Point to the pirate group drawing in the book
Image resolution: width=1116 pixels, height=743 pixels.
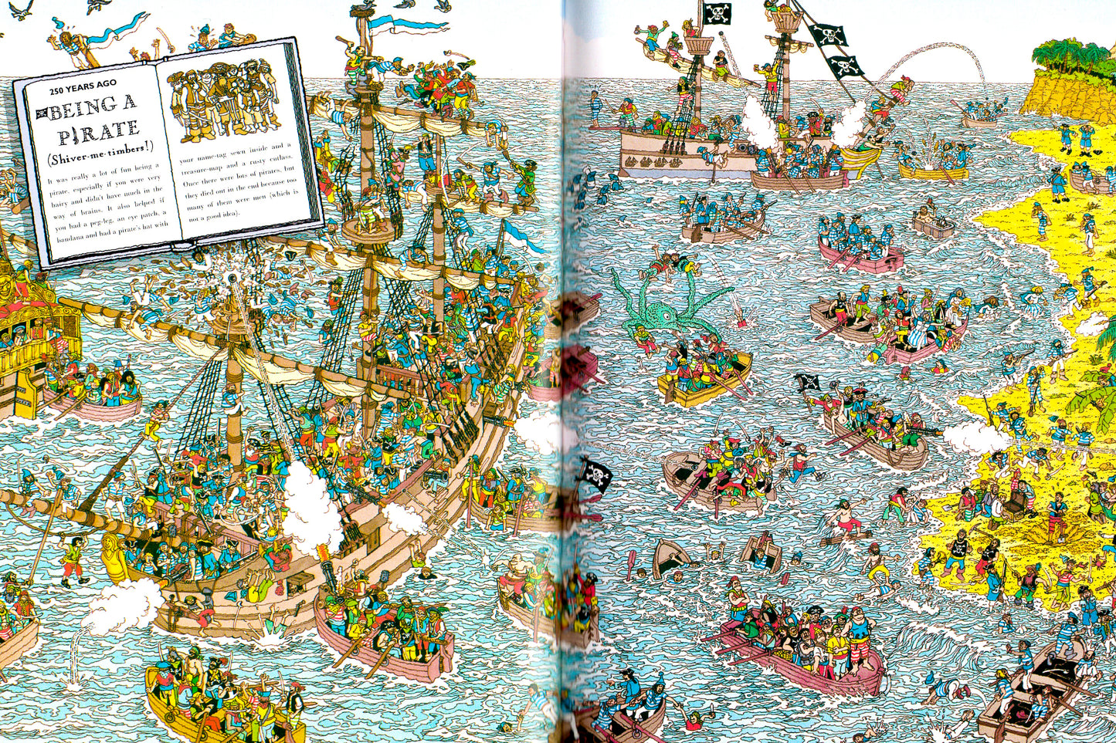click(x=223, y=100)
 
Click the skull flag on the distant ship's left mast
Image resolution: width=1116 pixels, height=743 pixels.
click(x=717, y=13)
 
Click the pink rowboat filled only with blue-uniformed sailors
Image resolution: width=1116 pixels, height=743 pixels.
click(x=860, y=251)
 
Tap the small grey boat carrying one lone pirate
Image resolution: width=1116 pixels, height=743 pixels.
click(x=933, y=223)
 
